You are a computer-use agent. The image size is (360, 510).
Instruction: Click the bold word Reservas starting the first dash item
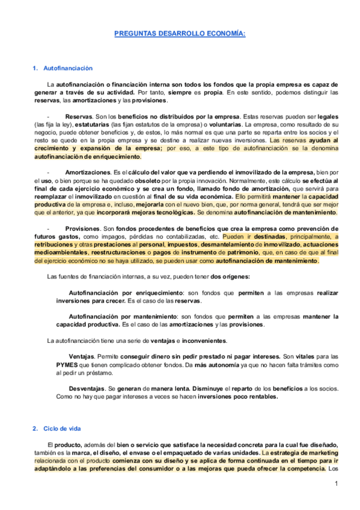click(78, 115)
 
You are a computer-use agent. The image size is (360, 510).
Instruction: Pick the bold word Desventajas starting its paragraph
click(87, 388)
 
